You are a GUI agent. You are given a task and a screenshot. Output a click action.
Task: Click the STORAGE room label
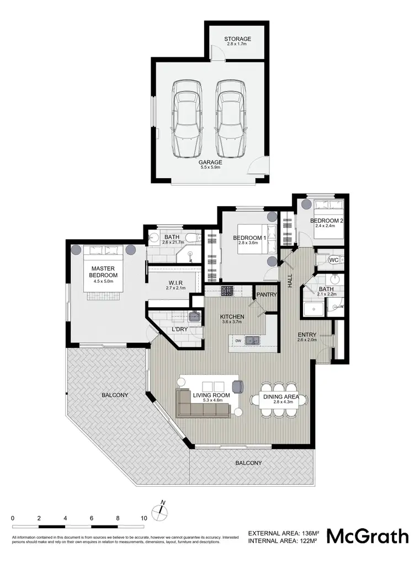[237, 39]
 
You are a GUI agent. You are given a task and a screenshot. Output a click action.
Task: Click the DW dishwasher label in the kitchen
[238, 341]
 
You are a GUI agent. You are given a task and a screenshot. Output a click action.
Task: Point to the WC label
[333, 260]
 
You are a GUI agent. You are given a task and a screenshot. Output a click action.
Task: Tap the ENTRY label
[307, 335]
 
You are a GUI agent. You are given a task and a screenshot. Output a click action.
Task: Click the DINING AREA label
[281, 396]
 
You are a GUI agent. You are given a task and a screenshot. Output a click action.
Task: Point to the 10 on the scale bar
[144, 519]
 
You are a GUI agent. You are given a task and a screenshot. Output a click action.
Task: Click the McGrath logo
[368, 536]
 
